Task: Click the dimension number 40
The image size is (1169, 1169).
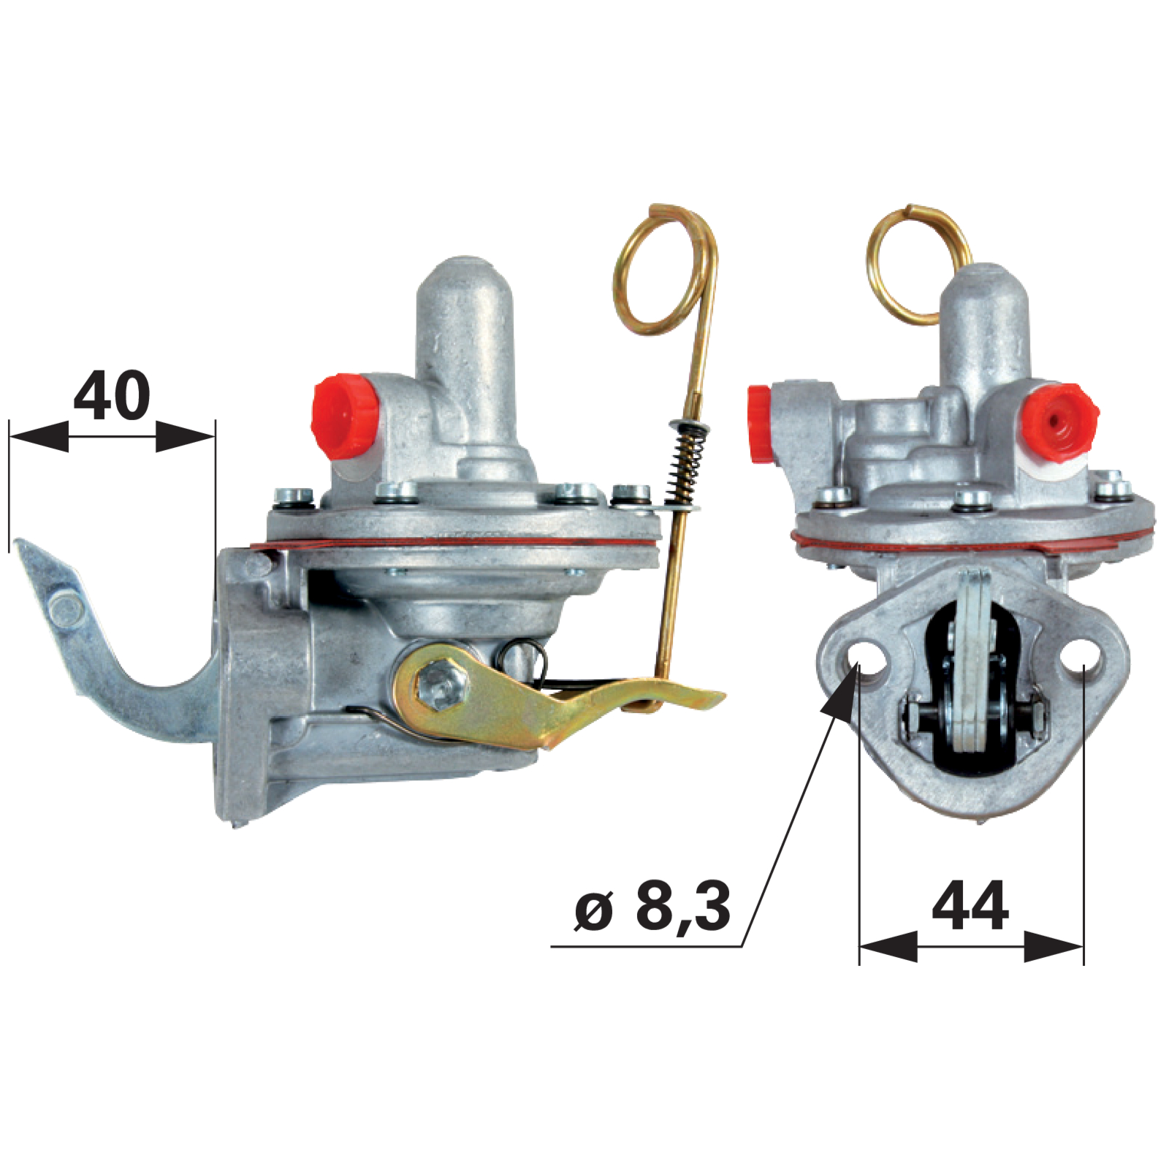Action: (x=112, y=395)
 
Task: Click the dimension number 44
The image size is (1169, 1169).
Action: (x=970, y=906)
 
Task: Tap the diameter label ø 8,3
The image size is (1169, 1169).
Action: (x=652, y=907)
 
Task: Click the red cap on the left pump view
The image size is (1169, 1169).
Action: (x=343, y=416)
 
